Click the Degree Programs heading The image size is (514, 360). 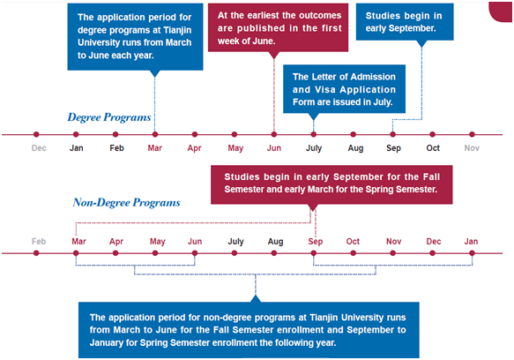(109, 117)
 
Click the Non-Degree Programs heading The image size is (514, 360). (127, 203)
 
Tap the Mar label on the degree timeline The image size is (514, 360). (154, 148)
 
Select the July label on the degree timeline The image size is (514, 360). (314, 148)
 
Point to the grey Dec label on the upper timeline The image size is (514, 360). (39, 148)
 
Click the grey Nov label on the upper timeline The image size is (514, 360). (472, 148)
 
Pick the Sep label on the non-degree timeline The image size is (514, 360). (316, 242)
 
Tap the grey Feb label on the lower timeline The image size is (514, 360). (39, 242)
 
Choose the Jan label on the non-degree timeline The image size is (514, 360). (471, 242)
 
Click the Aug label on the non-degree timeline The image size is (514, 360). (275, 242)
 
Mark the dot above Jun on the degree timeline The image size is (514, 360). (274, 134)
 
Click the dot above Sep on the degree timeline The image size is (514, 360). (392, 134)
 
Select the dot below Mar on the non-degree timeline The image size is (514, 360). (76, 253)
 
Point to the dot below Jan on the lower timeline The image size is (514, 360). (472, 253)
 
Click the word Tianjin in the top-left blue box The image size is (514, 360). (177, 30)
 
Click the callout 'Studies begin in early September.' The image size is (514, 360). (405, 22)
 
